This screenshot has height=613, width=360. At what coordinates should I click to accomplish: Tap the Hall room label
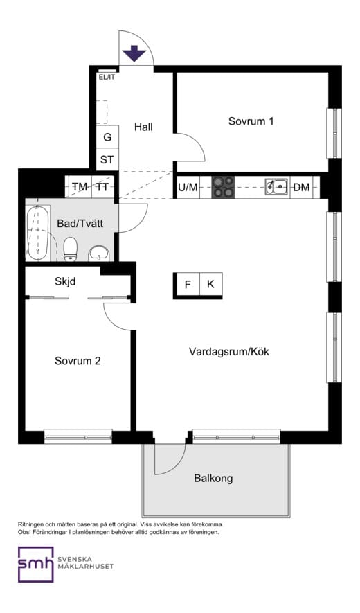(143, 127)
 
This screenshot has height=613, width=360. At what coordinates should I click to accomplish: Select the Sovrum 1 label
(251, 121)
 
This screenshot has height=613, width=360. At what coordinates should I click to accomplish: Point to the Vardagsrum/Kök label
(228, 352)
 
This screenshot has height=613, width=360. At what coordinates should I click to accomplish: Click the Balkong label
(213, 478)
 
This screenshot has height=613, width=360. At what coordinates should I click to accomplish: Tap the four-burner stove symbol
(223, 186)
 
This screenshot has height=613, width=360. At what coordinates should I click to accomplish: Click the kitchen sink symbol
(277, 186)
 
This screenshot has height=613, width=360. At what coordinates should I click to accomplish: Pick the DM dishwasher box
(302, 187)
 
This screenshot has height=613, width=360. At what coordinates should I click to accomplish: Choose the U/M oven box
(188, 187)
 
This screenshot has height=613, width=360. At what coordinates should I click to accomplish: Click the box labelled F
(187, 285)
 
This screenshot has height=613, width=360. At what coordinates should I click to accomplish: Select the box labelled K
(210, 285)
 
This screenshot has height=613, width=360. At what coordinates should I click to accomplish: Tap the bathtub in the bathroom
(38, 232)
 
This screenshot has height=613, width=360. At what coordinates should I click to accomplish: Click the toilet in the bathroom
(70, 250)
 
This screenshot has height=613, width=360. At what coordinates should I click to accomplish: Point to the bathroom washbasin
(99, 253)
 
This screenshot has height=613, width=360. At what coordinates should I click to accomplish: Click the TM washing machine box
(80, 187)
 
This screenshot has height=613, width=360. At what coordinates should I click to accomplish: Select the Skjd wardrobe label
(64, 281)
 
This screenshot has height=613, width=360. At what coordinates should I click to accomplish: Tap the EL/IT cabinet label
(107, 77)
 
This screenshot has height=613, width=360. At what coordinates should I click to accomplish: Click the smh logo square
(35, 565)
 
